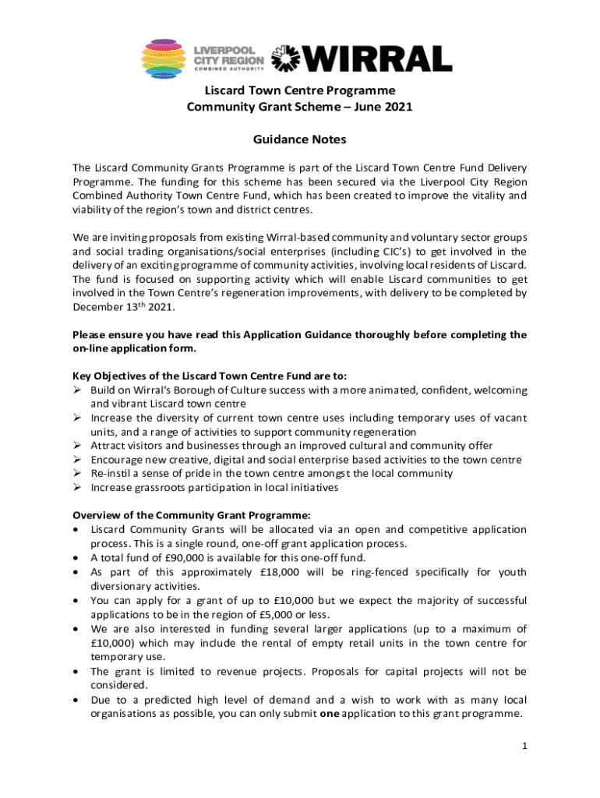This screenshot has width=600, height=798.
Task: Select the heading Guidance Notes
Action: (299, 140)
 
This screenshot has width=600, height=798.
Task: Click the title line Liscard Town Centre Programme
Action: (299, 90)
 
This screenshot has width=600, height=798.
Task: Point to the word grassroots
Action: (164, 488)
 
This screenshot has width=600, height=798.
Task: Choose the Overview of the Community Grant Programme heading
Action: (192, 514)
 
